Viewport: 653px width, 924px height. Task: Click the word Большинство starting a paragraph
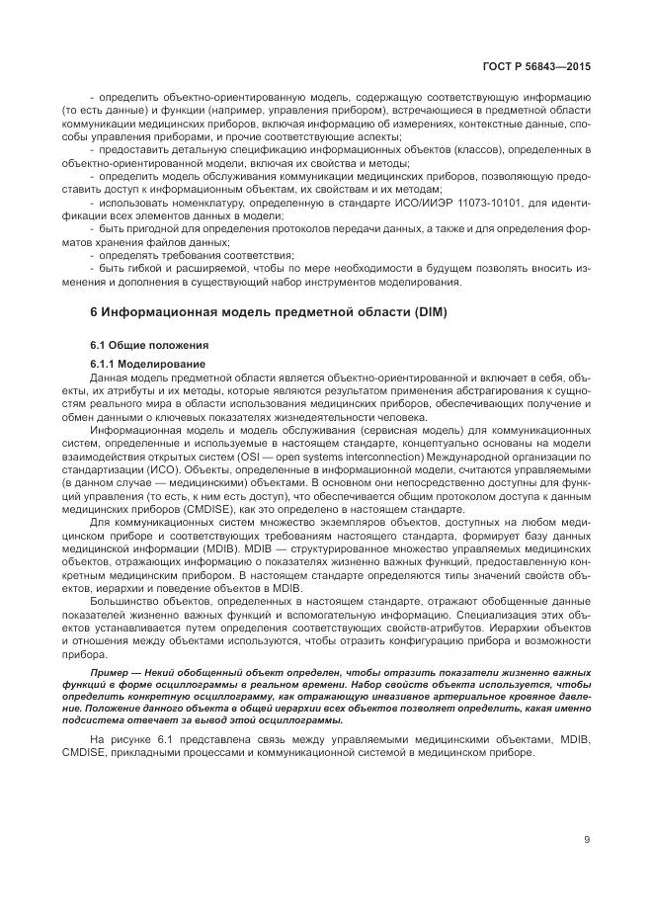[x=125, y=601]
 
